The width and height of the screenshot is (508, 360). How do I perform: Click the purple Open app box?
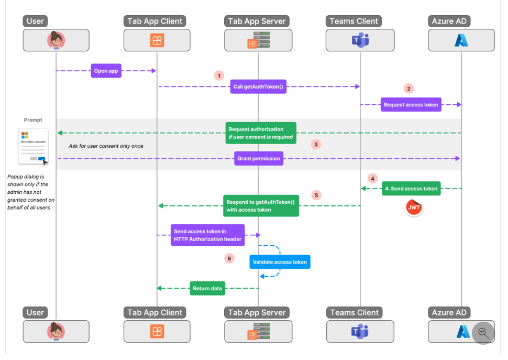click(x=106, y=71)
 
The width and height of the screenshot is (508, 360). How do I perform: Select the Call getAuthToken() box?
click(x=258, y=87)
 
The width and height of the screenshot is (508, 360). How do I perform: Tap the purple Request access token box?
click(x=411, y=105)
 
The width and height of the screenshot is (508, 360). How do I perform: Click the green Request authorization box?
click(x=261, y=133)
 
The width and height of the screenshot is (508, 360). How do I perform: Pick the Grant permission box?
click(x=259, y=158)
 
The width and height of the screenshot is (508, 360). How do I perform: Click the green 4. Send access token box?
click(x=411, y=189)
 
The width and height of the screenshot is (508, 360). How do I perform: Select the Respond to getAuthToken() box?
click(x=261, y=206)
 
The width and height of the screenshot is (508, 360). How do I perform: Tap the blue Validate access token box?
click(x=280, y=262)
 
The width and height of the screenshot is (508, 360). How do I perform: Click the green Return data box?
click(x=207, y=288)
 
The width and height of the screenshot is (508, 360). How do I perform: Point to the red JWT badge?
click(x=414, y=208)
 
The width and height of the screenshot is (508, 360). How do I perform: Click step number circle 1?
click(x=219, y=75)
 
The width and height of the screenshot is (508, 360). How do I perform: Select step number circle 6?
click(x=228, y=258)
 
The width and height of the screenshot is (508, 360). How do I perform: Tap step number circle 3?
click(x=315, y=144)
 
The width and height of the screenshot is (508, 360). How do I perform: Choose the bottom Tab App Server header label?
click(x=257, y=312)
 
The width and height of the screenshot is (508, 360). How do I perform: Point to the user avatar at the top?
click(x=56, y=40)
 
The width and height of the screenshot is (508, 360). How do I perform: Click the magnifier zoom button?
click(x=483, y=333)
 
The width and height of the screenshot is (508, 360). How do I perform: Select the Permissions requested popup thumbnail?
click(x=33, y=147)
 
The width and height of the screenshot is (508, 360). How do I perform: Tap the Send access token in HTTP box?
click(x=207, y=235)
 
